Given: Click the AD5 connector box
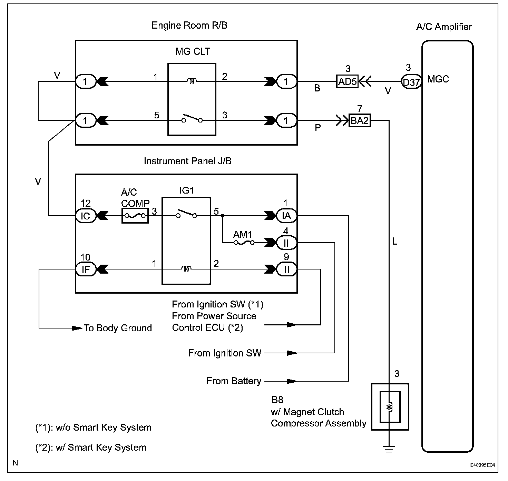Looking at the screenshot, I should pos(347,82).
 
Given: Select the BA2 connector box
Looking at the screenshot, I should pos(360,121).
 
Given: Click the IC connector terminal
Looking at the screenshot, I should pos(85,216).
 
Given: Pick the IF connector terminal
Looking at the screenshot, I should pos(85,269).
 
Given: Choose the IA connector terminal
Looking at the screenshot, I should pos(286,216).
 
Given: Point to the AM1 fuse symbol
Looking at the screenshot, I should pos(244,243).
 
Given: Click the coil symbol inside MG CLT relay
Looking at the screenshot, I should pos(192,81).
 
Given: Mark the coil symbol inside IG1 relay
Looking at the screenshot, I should pos(186,269).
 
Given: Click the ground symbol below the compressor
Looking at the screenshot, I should pos(390,449).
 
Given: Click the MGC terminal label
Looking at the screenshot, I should pos(438,79).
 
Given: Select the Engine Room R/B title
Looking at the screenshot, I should pos(189,26).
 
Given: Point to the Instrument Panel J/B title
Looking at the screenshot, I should pos(187,161).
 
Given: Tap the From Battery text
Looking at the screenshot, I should pos(234,381).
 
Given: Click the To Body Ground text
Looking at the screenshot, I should pos(118,328).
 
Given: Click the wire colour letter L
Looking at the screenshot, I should pos(395,242).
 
